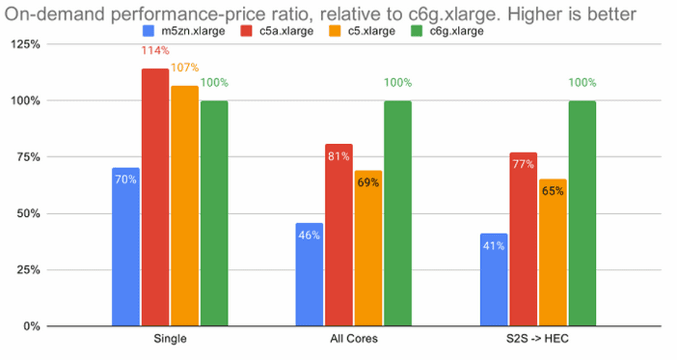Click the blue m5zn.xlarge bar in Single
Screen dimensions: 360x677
click(126, 247)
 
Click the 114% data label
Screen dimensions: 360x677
click(156, 51)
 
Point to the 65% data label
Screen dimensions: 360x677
click(553, 192)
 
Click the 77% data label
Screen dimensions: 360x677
click(523, 164)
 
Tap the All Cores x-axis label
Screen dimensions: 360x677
click(354, 339)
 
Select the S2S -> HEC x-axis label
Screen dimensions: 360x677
click(538, 339)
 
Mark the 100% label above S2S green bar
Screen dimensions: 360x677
click(582, 82)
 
